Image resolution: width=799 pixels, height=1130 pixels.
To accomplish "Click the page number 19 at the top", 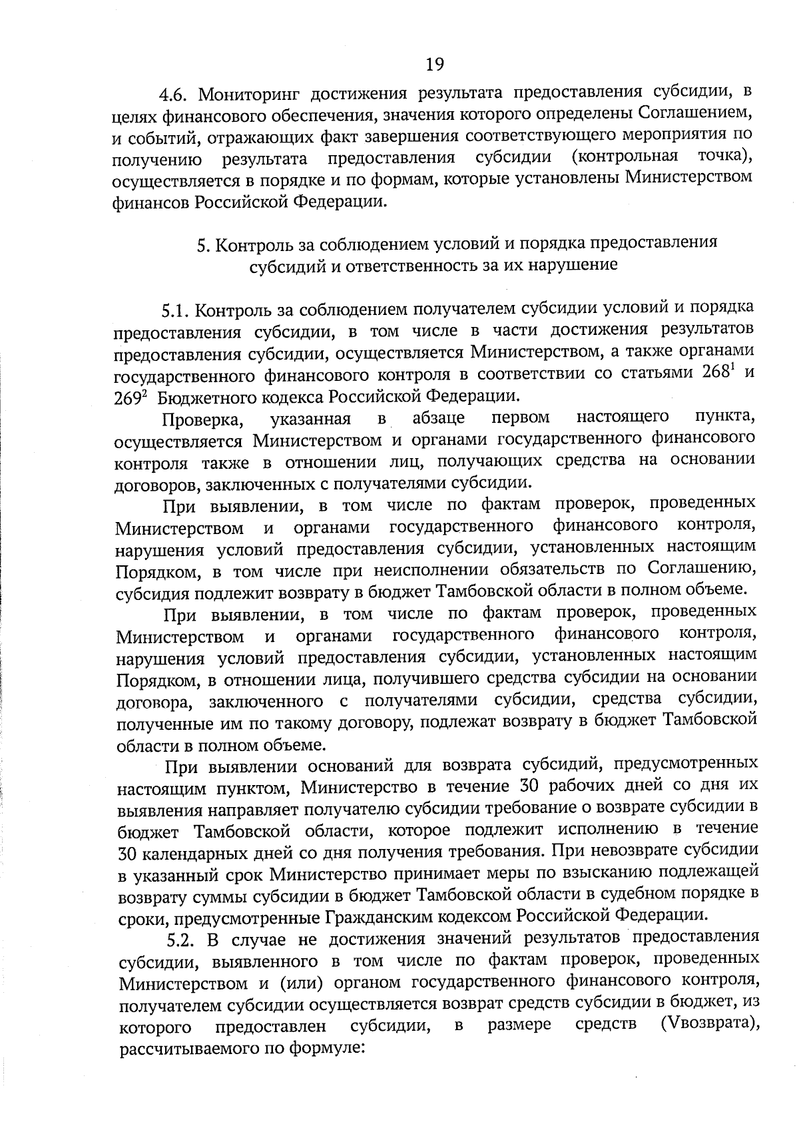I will (x=434, y=64).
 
